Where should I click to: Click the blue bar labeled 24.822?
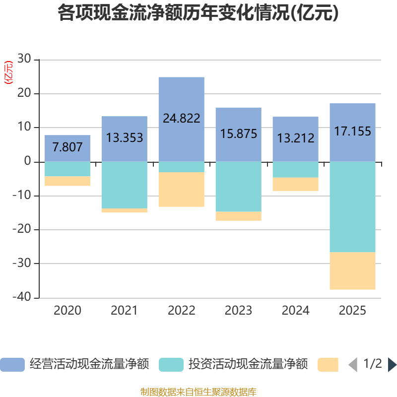pos(181,119)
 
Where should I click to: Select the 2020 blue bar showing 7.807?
pos(67,148)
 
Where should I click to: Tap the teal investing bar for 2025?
pos(352,207)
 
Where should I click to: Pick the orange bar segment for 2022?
pos(181,190)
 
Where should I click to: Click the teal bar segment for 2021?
pos(125,185)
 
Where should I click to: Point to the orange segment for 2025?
pos(352,270)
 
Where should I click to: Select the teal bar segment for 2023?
pos(239,187)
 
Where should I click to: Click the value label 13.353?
pos(125,138)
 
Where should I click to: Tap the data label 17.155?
pos(352,131)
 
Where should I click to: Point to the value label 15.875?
pos(239,133)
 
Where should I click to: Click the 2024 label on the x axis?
pos(295,311)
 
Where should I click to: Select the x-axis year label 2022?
pos(181,311)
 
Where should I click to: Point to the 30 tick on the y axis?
pos(24,59)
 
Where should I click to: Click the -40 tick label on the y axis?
pos(22,297)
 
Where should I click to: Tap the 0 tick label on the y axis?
pos(27,161)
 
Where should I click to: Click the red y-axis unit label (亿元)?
pos(8,72)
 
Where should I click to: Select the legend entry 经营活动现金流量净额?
pos(74,364)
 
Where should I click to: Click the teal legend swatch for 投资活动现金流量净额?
pos(171,365)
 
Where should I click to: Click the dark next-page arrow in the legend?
pos(392,365)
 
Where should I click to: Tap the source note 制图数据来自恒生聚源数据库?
pos(198,392)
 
